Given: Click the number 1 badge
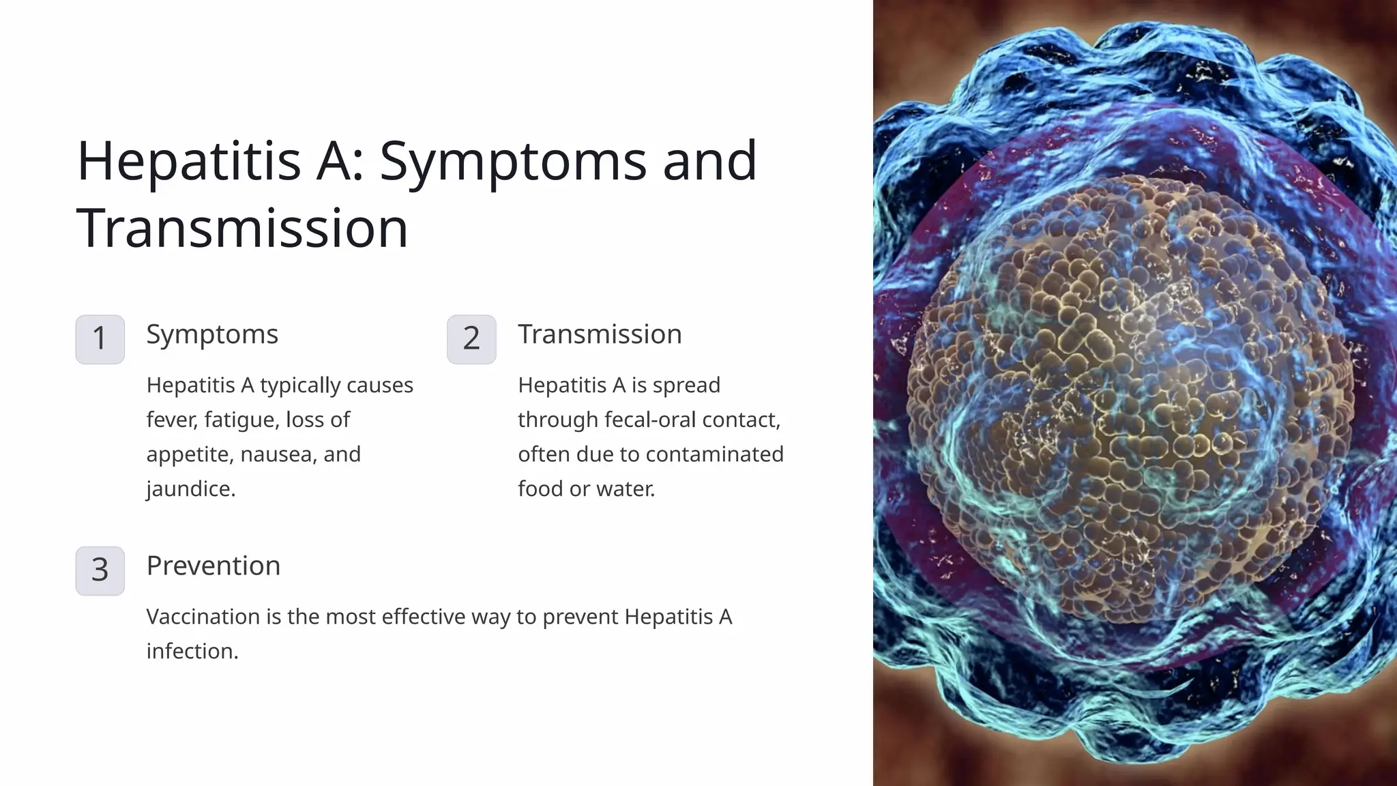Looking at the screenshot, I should tap(100, 339).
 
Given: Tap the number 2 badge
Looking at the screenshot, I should tap(471, 339).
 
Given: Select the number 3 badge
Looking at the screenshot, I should tap(100, 570).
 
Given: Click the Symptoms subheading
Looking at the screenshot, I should tap(212, 334).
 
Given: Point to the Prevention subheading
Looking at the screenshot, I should tap(214, 566).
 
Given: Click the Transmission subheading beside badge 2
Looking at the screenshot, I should tap(600, 334).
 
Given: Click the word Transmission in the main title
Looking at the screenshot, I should tap(242, 228).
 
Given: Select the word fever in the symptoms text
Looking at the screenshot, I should tap(171, 420).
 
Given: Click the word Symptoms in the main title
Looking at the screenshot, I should tap(512, 161).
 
